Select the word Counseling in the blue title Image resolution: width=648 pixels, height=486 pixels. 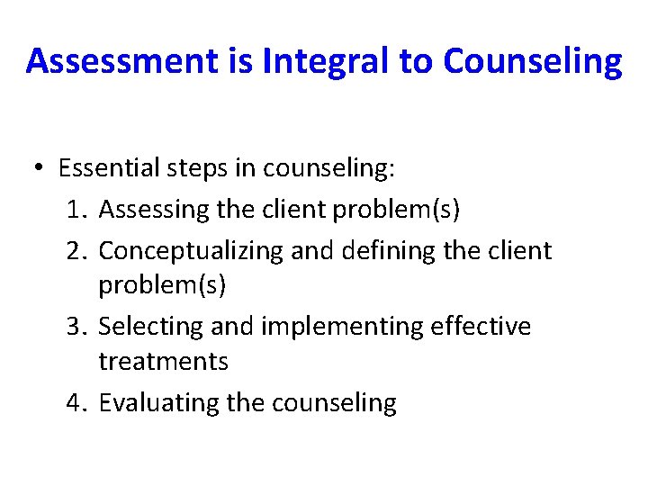[532, 61]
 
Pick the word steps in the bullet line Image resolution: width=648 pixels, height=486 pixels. [202, 168]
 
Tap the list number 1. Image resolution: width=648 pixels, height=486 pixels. [75, 210]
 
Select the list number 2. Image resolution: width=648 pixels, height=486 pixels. [75, 250]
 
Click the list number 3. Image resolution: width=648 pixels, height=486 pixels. [75, 326]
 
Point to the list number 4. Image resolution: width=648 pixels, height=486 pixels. [75, 402]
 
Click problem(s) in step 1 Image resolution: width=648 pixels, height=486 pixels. [396, 210]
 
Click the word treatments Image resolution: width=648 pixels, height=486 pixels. [163, 362]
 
